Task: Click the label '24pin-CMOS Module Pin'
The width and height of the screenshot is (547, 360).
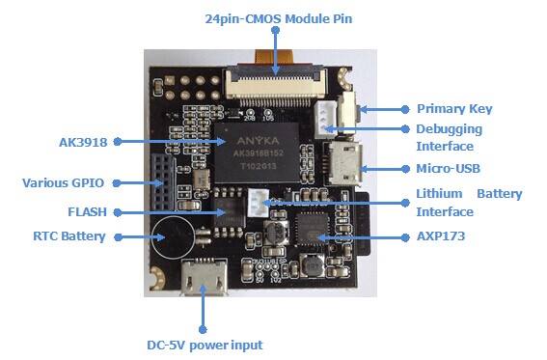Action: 274,18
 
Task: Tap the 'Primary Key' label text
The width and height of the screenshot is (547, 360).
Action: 454,109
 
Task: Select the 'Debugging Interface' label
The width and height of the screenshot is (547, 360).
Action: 449,137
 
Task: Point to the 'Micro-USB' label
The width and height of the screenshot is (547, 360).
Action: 449,169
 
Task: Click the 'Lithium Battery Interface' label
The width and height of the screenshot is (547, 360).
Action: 469,203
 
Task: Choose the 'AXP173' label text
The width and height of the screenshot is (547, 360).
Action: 441,235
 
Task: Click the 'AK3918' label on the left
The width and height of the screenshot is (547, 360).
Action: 84,140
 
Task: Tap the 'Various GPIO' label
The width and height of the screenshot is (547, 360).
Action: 63,181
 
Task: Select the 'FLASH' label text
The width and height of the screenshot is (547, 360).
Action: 87,211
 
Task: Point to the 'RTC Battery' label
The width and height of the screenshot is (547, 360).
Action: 70,235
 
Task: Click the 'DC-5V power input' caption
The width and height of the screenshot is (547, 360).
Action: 204,345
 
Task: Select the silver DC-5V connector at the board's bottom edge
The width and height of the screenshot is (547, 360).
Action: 204,275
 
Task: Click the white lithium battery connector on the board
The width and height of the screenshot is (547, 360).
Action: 254,202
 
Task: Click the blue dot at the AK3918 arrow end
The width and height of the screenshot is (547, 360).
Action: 117,141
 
